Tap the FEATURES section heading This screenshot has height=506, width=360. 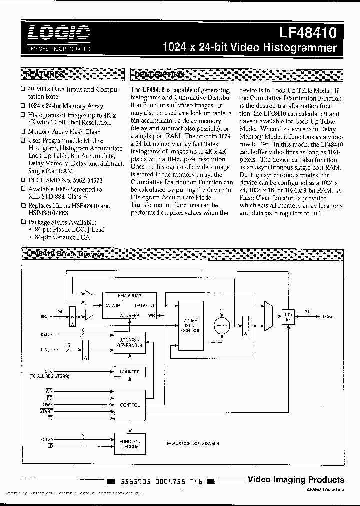(x=44, y=75)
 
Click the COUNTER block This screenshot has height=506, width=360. (x=129, y=372)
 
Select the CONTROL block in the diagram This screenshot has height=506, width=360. (x=129, y=404)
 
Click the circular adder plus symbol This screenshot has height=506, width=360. (x=220, y=325)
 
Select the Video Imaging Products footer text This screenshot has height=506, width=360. (x=296, y=480)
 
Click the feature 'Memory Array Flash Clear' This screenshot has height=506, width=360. (x=63, y=132)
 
